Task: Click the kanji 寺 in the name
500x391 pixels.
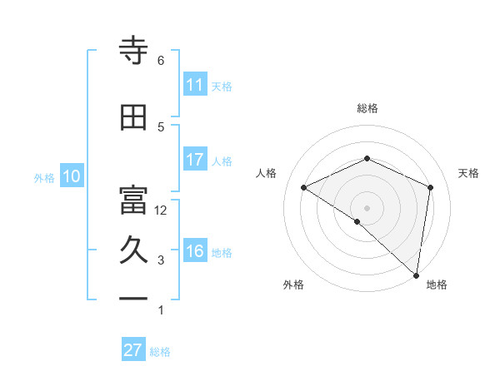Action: (133, 51)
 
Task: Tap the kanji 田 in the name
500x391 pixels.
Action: (133, 118)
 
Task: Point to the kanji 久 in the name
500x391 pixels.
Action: (133, 252)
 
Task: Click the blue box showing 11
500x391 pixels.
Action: (195, 85)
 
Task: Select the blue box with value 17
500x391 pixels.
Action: (195, 160)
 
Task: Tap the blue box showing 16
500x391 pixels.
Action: (195, 252)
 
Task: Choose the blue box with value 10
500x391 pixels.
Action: (71, 176)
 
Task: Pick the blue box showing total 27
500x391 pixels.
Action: (133, 350)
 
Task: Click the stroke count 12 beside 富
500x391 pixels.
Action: (161, 210)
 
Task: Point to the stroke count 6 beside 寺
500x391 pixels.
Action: (161, 61)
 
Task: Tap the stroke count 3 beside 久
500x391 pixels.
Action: (161, 260)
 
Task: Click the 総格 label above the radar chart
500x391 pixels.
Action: (367, 108)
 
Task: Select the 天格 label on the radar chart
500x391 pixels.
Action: (469, 173)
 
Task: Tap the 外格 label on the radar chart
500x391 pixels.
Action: (293, 285)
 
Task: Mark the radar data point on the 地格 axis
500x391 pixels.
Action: (416, 275)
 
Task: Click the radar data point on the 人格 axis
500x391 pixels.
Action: (304, 188)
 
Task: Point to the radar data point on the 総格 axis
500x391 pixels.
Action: (367, 159)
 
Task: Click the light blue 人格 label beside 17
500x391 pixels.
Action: (222, 161)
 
